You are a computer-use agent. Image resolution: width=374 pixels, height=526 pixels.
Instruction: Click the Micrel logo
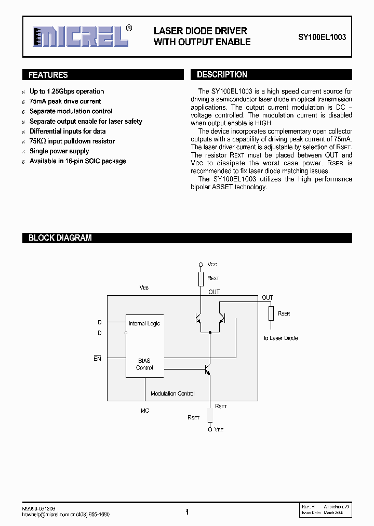81,37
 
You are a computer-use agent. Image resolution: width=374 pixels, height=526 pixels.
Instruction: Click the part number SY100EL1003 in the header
322,37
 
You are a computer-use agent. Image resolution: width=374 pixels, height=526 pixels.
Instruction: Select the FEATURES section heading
48,75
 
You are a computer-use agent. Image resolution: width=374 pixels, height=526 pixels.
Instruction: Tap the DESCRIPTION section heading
222,75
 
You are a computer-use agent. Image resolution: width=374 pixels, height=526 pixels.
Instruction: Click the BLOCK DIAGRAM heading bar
60,238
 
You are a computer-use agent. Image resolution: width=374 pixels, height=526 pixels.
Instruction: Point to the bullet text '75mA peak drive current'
65,101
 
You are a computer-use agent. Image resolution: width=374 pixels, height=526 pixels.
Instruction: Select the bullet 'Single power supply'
59,151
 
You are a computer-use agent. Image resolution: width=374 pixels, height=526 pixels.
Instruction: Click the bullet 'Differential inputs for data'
68,131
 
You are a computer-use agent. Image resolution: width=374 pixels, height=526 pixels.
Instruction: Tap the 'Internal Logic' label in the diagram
144,323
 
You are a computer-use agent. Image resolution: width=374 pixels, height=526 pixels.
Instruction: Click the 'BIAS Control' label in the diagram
144,364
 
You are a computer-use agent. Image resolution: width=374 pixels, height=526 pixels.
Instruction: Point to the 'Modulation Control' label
172,393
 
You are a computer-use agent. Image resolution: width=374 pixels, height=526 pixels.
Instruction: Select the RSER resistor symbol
271,313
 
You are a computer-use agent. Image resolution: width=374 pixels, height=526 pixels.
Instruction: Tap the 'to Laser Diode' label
280,338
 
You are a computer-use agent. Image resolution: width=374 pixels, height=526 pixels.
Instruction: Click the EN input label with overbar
97,359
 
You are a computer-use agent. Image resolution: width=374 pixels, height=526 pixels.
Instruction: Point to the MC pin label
145,411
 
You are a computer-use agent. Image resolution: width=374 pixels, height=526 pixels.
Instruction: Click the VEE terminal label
219,430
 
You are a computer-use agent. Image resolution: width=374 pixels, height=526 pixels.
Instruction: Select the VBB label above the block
144,287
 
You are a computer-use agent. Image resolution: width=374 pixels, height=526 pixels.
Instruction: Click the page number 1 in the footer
187,512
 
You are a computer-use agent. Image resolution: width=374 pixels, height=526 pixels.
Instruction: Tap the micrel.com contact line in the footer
66,514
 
